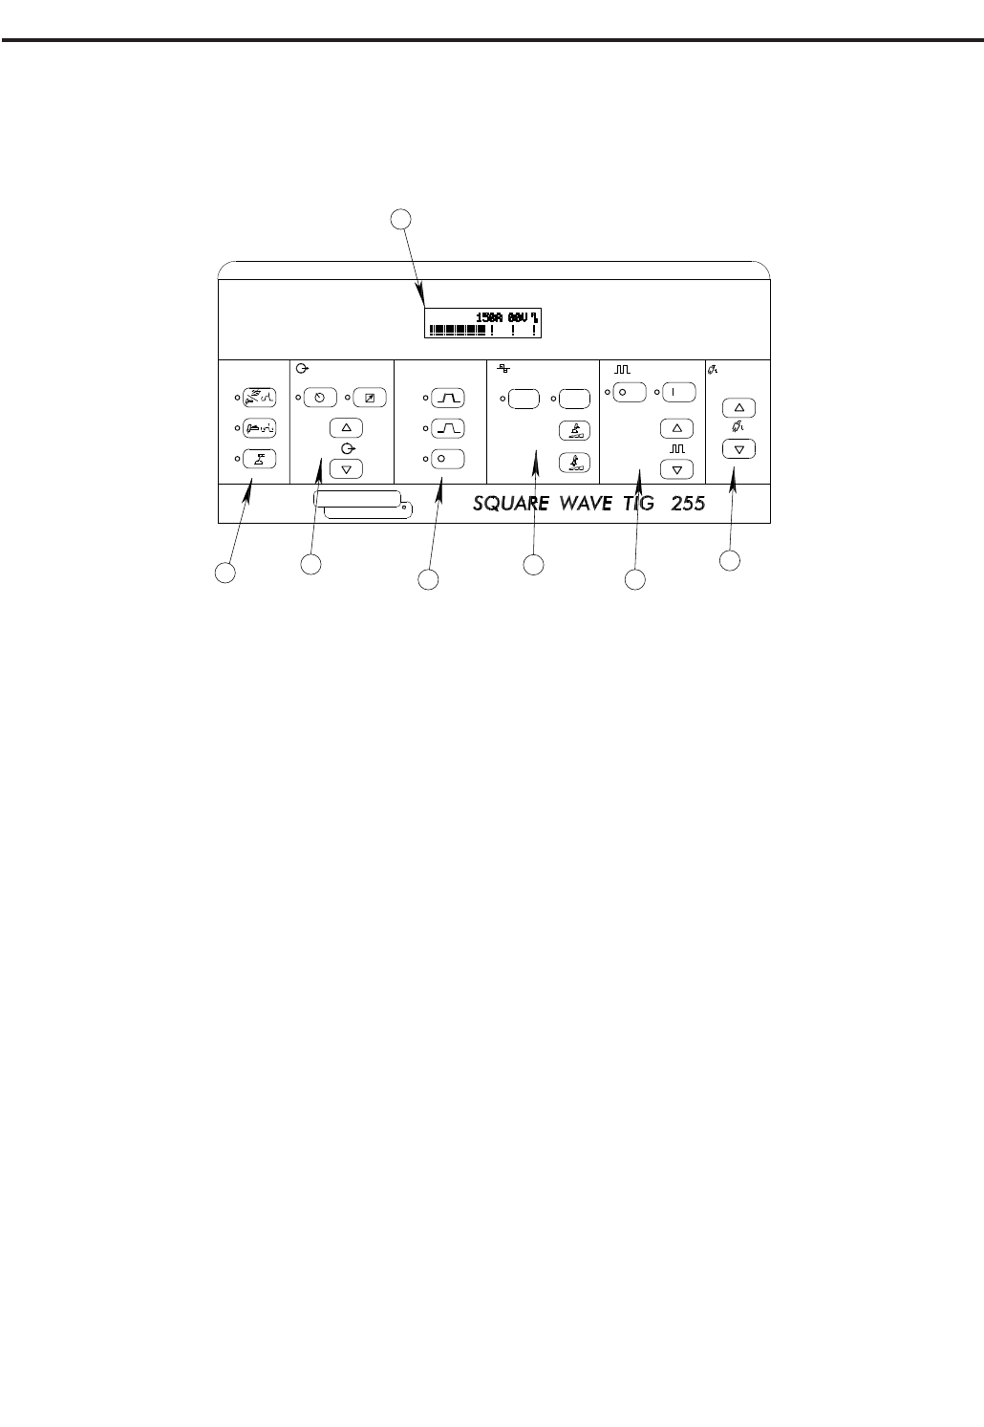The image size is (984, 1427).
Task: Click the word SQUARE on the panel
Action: [x=516, y=503]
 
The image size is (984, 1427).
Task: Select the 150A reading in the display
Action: [x=490, y=317]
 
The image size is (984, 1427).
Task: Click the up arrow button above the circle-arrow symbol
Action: [x=346, y=428]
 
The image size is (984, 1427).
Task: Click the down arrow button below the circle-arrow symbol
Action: [x=346, y=468]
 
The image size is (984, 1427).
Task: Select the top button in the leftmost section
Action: [x=260, y=398]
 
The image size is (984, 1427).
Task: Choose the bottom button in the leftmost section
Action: [x=260, y=459]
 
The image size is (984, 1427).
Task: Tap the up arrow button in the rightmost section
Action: [x=738, y=408]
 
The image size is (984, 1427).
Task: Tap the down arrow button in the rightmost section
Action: [x=738, y=448]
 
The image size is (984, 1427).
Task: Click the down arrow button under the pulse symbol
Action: [x=677, y=469]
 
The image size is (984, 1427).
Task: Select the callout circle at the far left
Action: [x=224, y=572]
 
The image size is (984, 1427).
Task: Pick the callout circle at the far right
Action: [x=729, y=560]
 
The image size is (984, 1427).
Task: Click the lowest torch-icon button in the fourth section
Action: [x=574, y=461]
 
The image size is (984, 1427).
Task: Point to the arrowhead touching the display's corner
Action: [x=423, y=306]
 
